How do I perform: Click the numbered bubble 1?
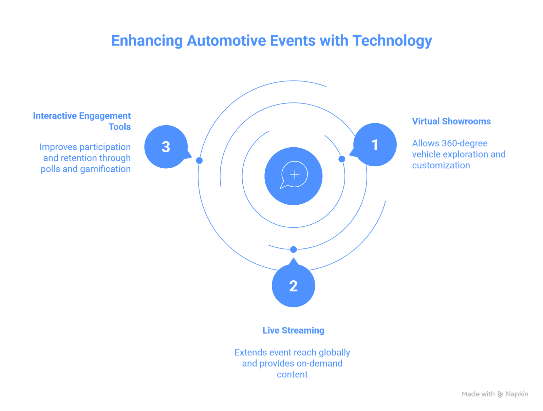pos(375,145)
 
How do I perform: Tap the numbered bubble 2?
pos(294,286)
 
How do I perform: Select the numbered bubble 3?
pos(166,147)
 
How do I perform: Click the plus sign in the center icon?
pos(295,174)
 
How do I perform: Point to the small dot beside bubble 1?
pos(342,159)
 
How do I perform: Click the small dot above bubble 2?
pos(294,249)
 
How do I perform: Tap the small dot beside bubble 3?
pos(200,160)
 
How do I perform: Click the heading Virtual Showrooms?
pos(451,122)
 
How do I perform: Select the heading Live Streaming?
pos(294,331)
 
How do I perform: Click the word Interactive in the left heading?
pos(55,116)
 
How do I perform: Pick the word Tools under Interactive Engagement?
pos(120,127)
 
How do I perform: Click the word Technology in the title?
pos(392,41)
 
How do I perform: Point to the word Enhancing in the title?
pos(147,41)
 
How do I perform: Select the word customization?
pos(441,166)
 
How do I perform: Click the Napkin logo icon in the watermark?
pos(501,394)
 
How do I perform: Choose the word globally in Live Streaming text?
pos(334,353)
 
